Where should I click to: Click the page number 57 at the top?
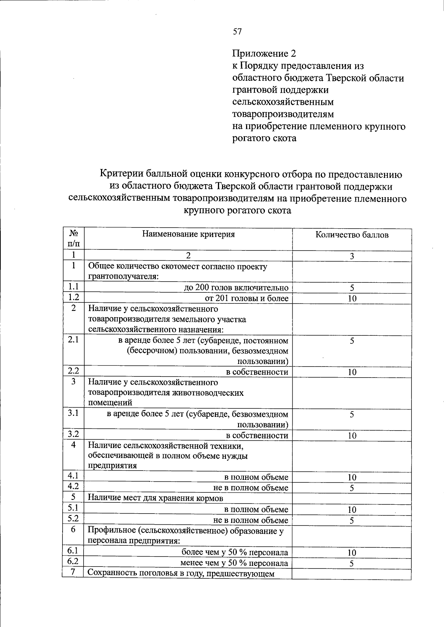coord(237,32)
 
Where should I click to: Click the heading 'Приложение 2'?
coord(264,54)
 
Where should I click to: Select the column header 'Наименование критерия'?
coord(188,234)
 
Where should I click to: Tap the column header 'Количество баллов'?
coord(352,235)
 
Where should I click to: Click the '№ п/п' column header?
coord(74,239)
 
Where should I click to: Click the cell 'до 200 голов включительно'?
coord(236,288)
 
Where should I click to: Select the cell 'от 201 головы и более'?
coord(246,298)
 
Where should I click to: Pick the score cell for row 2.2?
coord(352,372)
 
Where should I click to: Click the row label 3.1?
coord(74,413)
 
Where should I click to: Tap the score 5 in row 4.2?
coord(352,488)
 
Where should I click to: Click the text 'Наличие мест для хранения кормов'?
coord(155,498)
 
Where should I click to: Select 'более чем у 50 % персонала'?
coord(235,553)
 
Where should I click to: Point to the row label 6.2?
coord(74,562)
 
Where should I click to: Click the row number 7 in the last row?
coord(74,573)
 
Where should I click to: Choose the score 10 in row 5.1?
coord(352,510)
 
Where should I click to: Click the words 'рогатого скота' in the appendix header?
coord(264,138)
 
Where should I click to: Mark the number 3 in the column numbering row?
coord(352,256)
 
